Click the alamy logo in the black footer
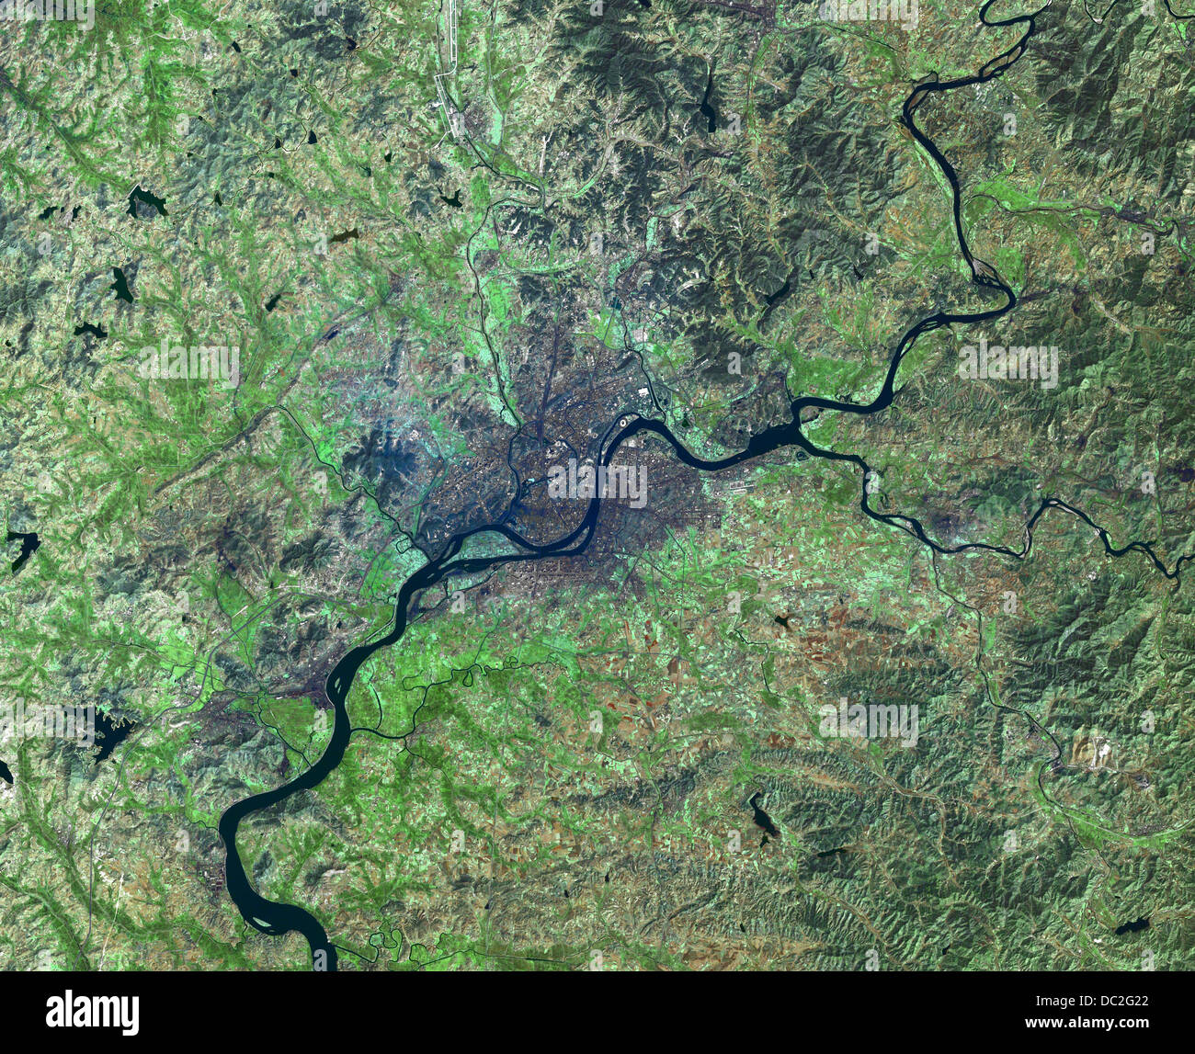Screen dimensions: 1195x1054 [93, 1012]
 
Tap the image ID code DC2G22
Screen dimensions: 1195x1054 [1115, 1003]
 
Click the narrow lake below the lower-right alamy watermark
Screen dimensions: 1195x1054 [762, 816]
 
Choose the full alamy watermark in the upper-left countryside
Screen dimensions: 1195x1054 [189, 364]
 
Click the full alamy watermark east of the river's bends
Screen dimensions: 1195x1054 [1007, 365]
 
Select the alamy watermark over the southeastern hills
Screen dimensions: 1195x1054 [868, 722]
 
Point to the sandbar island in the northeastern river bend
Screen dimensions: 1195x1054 [984, 269]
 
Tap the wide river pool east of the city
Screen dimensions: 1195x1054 [772, 441]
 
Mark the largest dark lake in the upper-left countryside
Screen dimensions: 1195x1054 [147, 200]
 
